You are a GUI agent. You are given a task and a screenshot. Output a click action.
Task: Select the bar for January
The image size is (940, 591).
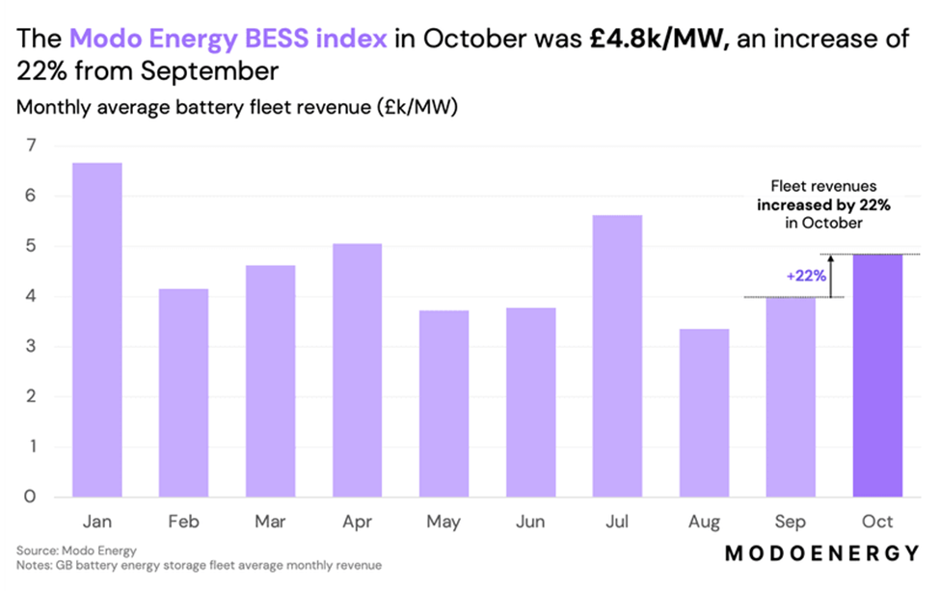point(97,330)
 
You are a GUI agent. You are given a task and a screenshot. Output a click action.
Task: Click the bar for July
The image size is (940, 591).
point(617,356)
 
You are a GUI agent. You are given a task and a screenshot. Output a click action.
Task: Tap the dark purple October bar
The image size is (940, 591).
point(877,376)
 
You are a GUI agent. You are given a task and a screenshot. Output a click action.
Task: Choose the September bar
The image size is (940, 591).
point(791,397)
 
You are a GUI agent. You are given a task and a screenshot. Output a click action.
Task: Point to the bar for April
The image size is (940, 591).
point(358,370)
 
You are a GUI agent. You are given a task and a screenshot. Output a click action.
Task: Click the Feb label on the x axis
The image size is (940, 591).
point(184,523)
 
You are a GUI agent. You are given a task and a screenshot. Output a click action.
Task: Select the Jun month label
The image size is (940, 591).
point(530,523)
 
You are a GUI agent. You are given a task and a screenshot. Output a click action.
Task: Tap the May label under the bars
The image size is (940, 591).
point(443,523)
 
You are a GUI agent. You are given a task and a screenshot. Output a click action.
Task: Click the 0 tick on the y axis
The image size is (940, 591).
point(31,497)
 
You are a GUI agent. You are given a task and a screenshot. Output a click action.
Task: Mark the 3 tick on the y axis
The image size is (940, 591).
point(31,347)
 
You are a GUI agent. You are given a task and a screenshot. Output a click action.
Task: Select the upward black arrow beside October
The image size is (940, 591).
point(831,276)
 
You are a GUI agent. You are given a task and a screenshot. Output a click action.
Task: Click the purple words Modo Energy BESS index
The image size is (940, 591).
point(228,40)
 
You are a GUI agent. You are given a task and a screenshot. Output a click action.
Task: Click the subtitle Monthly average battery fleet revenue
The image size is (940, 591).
point(236,107)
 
